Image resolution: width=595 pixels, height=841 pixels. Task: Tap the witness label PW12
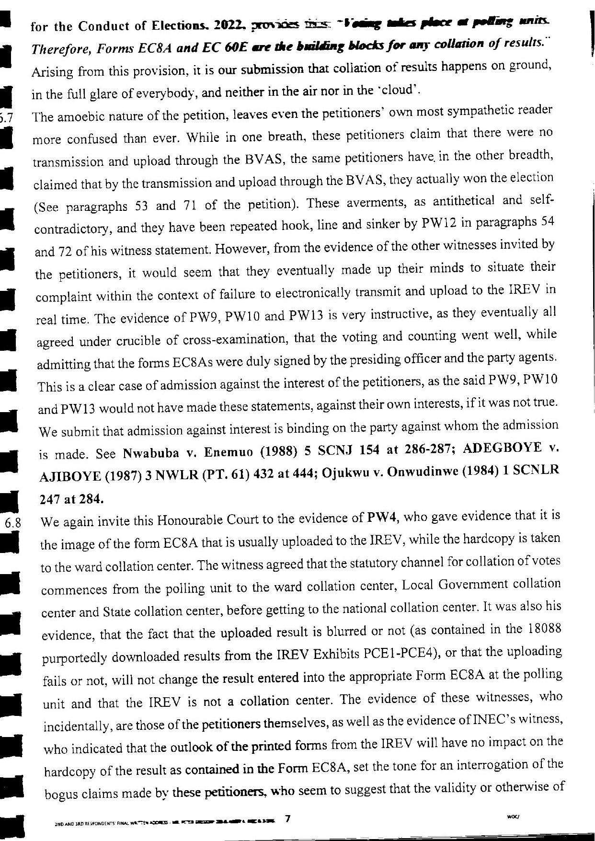(x=440, y=223)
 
